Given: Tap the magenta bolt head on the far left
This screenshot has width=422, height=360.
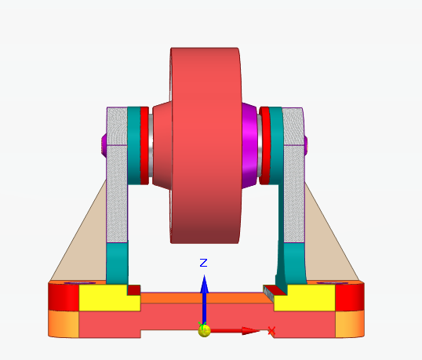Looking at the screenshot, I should tap(104, 145).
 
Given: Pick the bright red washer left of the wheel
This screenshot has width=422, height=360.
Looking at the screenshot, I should tap(144, 145).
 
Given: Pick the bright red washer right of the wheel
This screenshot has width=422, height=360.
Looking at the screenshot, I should tap(266, 145).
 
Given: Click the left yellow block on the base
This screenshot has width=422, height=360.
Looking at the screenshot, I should tap(102, 297).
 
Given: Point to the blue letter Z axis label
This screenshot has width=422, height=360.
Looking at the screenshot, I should tap(203, 263).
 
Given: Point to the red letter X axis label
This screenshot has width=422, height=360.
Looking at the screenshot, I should tap(271, 332).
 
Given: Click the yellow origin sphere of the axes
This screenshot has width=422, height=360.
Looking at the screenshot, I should tap(204, 330).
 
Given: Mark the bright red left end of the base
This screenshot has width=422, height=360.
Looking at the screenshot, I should tap(63, 296).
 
